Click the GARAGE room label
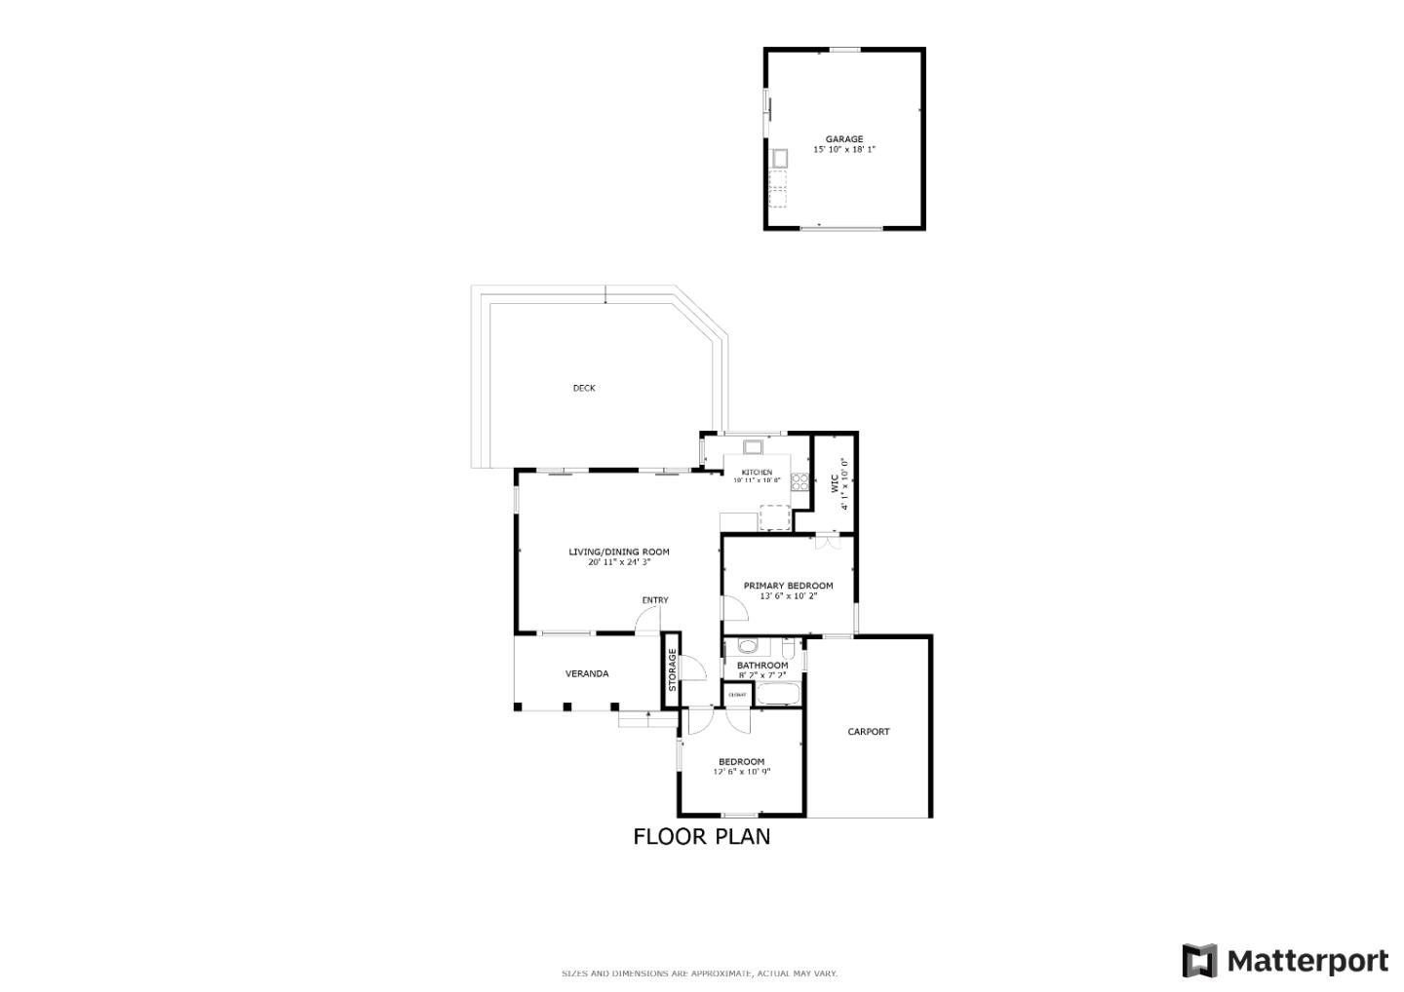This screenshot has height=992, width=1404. (843, 139)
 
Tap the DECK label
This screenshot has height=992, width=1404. (583, 388)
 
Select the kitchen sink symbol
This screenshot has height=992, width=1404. (754, 447)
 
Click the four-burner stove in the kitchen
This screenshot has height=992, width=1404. (799, 480)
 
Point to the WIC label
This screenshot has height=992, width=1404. (835, 483)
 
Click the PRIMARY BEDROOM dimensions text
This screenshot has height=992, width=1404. (788, 596)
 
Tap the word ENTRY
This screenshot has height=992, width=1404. (655, 600)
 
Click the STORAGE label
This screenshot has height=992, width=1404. (672, 670)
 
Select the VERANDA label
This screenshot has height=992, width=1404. (587, 673)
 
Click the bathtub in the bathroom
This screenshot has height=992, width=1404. (778, 695)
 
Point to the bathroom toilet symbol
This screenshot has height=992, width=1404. (788, 648)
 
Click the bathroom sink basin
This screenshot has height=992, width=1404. (748, 645)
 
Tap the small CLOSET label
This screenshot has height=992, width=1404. (737, 695)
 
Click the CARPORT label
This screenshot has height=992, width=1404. (868, 732)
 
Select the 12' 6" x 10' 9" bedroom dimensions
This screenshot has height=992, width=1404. (742, 772)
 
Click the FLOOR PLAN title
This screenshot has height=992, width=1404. (701, 836)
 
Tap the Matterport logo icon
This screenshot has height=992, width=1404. (1199, 961)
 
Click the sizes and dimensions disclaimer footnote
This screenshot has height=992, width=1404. (699, 973)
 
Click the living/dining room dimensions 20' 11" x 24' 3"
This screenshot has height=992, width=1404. (618, 562)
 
